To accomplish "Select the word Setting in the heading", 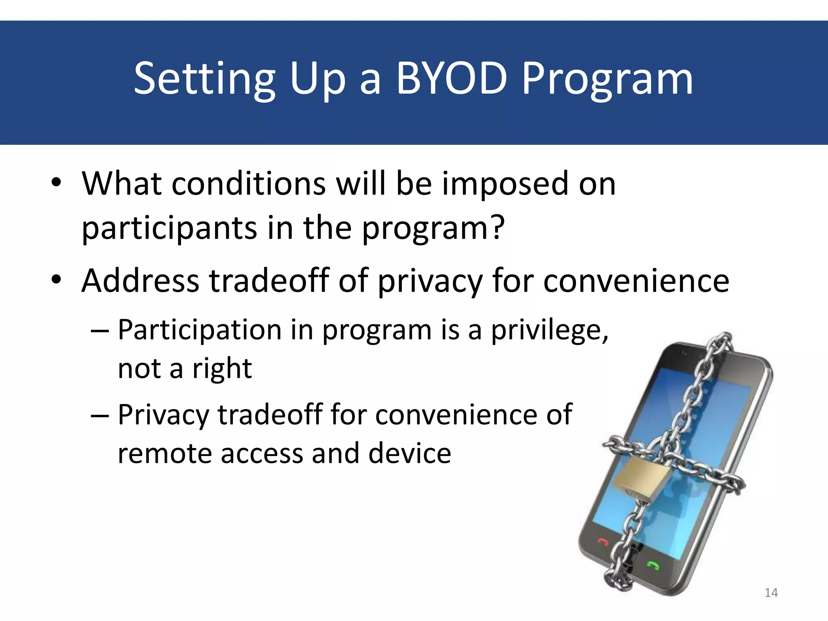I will [x=205, y=80].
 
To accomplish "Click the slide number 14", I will [x=771, y=593].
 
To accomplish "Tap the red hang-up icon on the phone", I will [x=603, y=542].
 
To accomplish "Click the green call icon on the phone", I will [x=653, y=564].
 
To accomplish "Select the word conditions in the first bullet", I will [x=249, y=184].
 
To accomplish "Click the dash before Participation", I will [x=100, y=331].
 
